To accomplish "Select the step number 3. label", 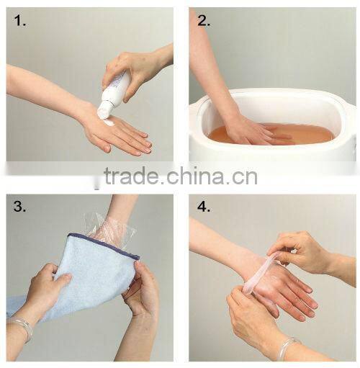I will point(19,209).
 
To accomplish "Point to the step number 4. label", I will point(203,209).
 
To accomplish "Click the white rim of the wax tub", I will point(274,97).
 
